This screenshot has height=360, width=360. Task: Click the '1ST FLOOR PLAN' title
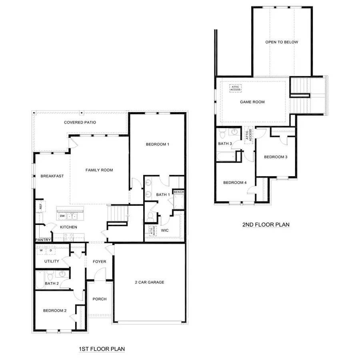coord(102,349)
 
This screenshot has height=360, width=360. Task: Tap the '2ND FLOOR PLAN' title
coord(266,225)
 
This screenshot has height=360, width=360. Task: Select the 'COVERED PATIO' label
coord(80,122)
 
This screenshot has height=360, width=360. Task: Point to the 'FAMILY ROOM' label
coord(99,170)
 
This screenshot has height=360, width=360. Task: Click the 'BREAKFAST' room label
coord(52,176)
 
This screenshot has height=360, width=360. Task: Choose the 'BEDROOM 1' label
coord(157,144)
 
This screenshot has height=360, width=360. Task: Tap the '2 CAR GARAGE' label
coord(150,282)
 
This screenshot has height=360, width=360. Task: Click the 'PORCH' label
coord(99,299)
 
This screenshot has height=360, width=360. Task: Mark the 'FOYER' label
coord(100,262)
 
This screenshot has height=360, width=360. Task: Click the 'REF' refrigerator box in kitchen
coord(40,206)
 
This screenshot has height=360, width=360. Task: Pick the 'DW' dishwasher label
coord(62,216)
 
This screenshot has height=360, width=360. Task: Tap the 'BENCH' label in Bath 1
coord(178,192)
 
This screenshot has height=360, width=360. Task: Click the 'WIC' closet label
coord(165,230)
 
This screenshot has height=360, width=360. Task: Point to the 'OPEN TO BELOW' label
coord(282,42)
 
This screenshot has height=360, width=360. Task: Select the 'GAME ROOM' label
coord(252,102)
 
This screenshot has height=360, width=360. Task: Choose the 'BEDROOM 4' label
coord(235,183)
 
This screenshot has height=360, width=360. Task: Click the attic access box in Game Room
coord(235,88)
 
